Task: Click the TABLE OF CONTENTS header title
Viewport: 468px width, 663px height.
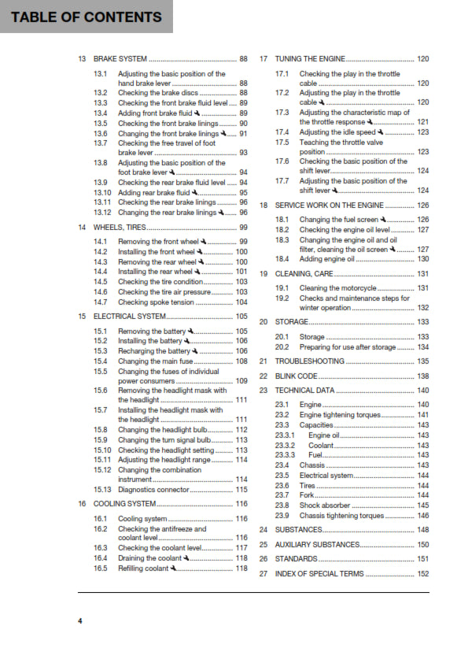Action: [x=81, y=17]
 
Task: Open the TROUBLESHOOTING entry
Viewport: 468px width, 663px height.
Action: [x=310, y=361]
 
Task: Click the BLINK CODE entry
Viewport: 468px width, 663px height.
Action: [x=297, y=376]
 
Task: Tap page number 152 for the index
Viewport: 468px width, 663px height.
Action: [x=422, y=574]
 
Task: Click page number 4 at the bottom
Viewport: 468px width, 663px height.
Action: [x=79, y=621]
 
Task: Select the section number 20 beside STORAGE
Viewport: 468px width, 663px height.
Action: [x=264, y=322]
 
